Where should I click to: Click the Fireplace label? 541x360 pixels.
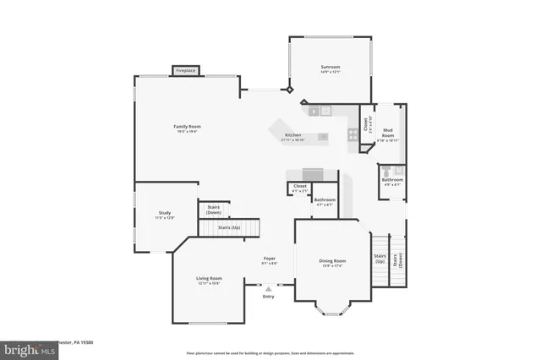(x=186, y=71)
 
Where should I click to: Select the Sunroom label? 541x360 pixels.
(x=330, y=67)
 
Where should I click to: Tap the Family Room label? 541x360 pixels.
(x=188, y=127)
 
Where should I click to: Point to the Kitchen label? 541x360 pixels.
(x=292, y=135)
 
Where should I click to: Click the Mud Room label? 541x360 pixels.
(x=388, y=131)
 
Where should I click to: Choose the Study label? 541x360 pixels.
(x=165, y=213)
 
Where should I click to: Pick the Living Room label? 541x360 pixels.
(x=209, y=279)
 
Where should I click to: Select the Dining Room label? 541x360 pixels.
(x=332, y=261)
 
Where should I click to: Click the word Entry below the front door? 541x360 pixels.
(x=269, y=297)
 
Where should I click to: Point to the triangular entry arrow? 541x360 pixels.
(x=269, y=288)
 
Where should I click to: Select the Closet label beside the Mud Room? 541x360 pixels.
(x=366, y=125)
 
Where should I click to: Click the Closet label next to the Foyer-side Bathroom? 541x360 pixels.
(x=300, y=186)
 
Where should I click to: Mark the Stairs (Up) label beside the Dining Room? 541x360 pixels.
(x=380, y=259)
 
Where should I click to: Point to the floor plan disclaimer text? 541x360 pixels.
(x=270, y=352)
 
